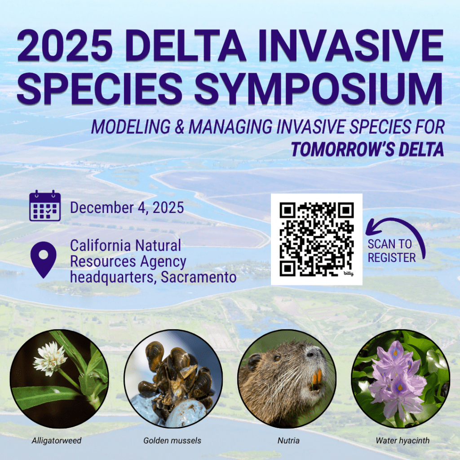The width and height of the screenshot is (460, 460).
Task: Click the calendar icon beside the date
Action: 45,206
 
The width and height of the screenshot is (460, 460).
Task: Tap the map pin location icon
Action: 44,259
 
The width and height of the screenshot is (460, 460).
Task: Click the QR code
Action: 316,239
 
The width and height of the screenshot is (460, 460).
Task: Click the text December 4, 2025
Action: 127,208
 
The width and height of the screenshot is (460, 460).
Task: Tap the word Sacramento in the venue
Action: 199,277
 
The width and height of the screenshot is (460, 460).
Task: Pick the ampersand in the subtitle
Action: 179,127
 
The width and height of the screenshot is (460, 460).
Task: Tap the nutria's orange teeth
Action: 317,378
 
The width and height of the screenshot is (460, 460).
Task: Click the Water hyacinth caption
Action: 402,440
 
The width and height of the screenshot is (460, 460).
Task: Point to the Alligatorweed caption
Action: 57,440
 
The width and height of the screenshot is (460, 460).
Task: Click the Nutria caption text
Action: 288,440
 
